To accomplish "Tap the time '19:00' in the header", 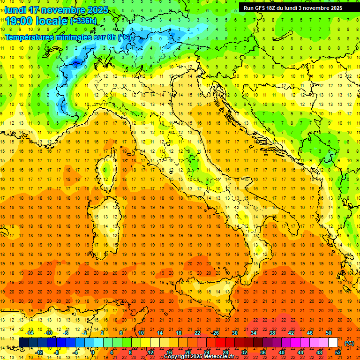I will click(18, 21).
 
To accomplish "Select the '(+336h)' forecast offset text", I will click(83, 21).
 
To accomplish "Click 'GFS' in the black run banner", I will click(262, 8).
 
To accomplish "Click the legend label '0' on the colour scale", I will click(92, 352).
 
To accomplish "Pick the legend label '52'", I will click(338, 352).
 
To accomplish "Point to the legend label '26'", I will click(215, 333).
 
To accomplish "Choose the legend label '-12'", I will click(39, 352).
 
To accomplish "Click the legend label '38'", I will click(272, 333).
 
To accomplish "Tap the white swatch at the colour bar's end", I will click(333, 343).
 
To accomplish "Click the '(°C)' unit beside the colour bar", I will click(349, 343).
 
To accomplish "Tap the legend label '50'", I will click(328, 333).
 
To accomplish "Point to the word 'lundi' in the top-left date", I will click(15, 10).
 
